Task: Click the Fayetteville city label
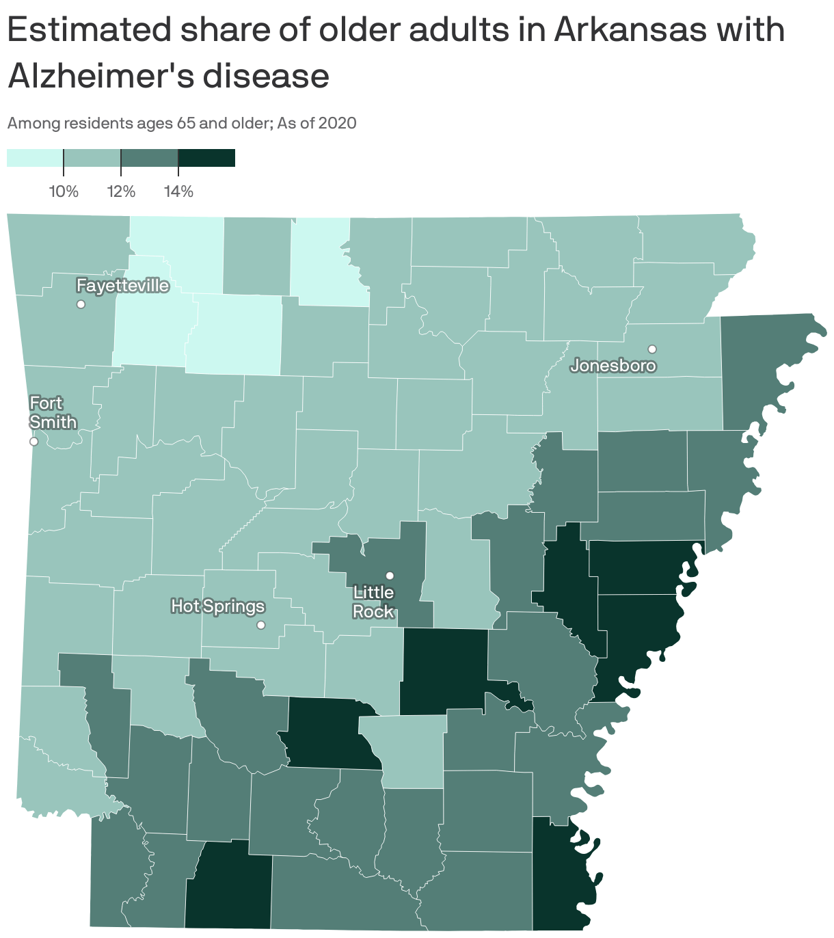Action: pyautogui.click(x=122, y=286)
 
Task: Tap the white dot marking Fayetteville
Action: pyautogui.click(x=81, y=304)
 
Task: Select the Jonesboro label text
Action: pyautogui.click(x=613, y=366)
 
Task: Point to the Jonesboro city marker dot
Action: pyautogui.click(x=652, y=349)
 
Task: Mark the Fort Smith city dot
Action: pyautogui.click(x=33, y=442)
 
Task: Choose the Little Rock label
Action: pyautogui.click(x=373, y=602)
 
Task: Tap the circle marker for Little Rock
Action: pyautogui.click(x=390, y=575)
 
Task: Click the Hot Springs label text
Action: pyautogui.click(x=217, y=606)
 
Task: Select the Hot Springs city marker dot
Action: pyautogui.click(x=260, y=625)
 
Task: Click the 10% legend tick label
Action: pyautogui.click(x=64, y=191)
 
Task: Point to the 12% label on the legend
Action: pyautogui.click(x=121, y=191)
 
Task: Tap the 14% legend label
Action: pyautogui.click(x=178, y=191)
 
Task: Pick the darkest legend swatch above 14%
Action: pyautogui.click(x=206, y=158)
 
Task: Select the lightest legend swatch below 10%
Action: pyautogui.click(x=35, y=158)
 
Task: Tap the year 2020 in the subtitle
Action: pyautogui.click(x=338, y=123)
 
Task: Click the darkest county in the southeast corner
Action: pyautogui.click(x=561, y=875)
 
